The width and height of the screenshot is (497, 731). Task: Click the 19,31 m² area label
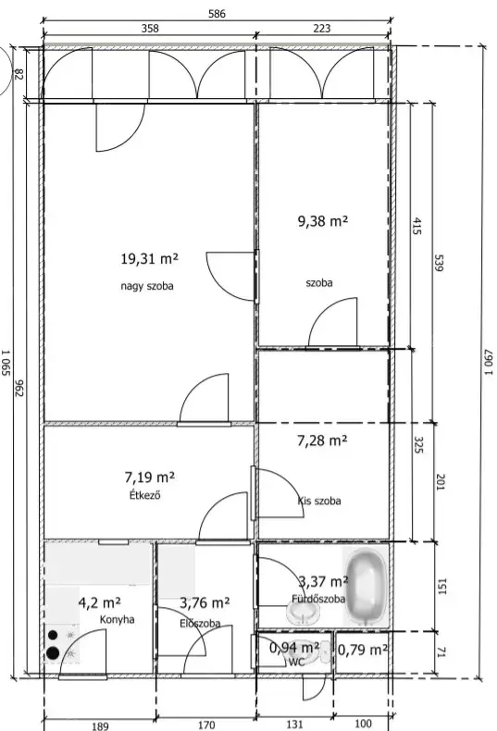click(149, 258)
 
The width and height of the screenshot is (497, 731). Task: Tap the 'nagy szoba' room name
click(147, 286)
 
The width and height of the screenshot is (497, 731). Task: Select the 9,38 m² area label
click(323, 220)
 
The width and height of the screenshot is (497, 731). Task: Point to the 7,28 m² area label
click(322, 440)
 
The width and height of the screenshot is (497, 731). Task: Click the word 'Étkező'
click(145, 495)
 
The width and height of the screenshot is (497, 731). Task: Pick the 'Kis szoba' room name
click(319, 501)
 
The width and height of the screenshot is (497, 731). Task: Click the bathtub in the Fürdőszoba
click(367, 587)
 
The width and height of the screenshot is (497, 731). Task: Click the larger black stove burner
click(53, 653)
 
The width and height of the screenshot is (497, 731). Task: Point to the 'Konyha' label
click(117, 620)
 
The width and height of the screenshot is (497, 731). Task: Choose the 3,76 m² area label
click(205, 602)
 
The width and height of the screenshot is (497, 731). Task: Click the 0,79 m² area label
click(362, 650)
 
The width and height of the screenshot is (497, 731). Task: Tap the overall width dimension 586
click(217, 14)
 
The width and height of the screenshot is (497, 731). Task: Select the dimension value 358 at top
click(150, 29)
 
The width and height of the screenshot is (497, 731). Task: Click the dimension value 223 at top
click(322, 29)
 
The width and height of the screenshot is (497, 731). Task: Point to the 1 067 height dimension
click(488, 362)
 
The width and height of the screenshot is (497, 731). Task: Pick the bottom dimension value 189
click(100, 725)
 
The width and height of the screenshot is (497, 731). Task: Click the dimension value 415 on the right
click(417, 226)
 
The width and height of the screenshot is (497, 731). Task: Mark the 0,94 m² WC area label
click(294, 647)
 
